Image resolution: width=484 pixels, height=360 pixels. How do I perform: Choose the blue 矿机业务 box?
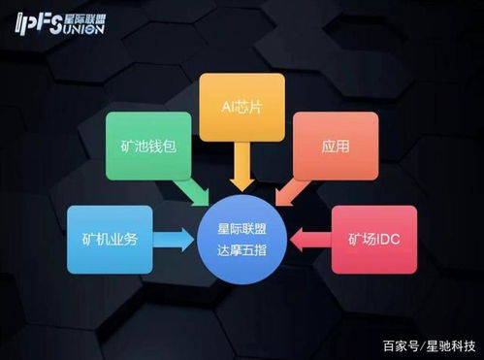click(x=109, y=239)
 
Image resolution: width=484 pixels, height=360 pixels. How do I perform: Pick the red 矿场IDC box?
click(x=373, y=239)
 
